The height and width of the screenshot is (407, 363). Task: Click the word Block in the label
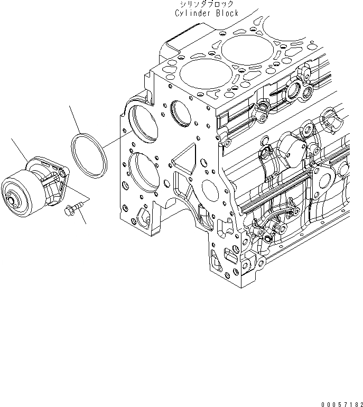[226, 13]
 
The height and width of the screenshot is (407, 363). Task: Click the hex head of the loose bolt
[68, 211]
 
